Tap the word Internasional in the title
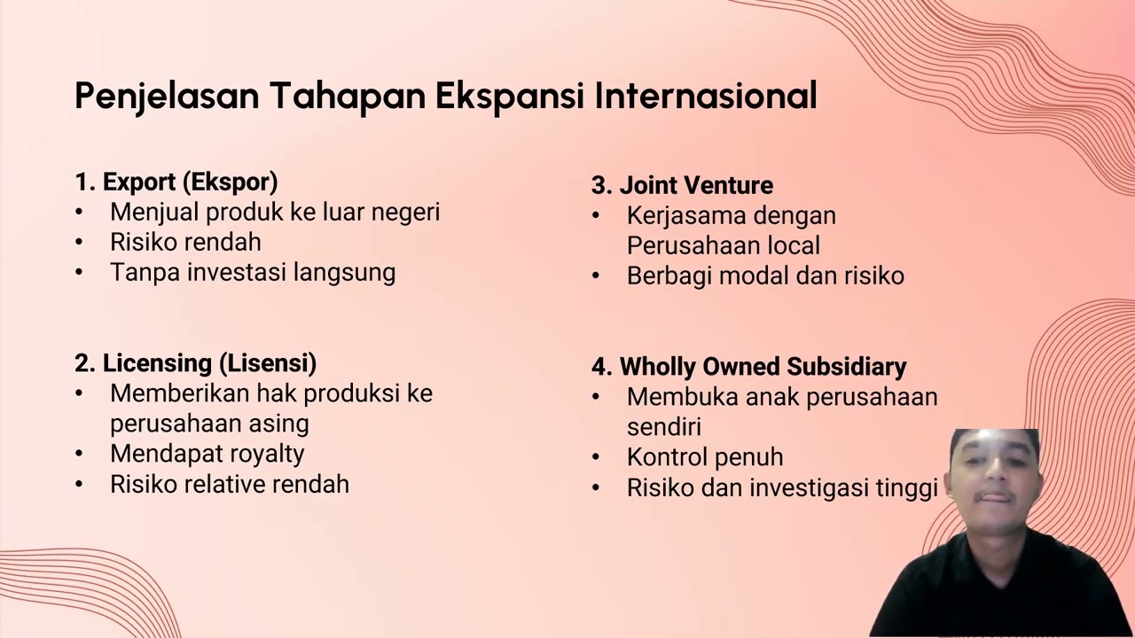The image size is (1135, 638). point(705,96)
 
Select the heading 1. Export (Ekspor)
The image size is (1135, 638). point(176,183)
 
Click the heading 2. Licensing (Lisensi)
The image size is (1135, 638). point(195,363)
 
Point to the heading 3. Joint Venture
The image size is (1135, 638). point(682,186)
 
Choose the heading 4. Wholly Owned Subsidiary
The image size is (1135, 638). point(748,367)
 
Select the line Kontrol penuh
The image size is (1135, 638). point(705,457)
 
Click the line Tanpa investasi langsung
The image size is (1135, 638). point(253,272)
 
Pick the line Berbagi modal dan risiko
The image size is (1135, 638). point(765,276)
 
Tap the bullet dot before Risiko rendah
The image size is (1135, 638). point(79,243)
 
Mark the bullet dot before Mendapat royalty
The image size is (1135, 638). point(79,455)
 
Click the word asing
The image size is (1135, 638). point(279,424)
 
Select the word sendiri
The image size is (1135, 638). point(664,427)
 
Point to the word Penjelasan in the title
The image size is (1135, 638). point(167,96)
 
